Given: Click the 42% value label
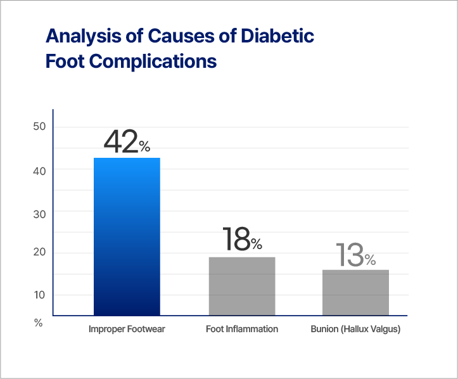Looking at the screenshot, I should [127, 143].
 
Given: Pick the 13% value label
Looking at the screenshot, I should [355, 255].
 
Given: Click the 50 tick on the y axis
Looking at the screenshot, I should [39, 127].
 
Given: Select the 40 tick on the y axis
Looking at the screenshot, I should [39, 170].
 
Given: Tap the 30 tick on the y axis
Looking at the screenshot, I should [39, 214].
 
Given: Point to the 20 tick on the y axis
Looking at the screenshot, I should [39, 252].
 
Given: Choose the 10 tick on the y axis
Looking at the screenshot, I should [39, 295].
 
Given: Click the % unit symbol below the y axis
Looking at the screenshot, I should [38, 323].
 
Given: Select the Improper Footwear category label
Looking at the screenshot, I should [127, 330].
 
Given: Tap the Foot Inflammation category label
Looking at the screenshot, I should [242, 330].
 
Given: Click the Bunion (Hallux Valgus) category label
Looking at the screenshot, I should [355, 330].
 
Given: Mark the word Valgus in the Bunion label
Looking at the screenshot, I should [385, 330].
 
